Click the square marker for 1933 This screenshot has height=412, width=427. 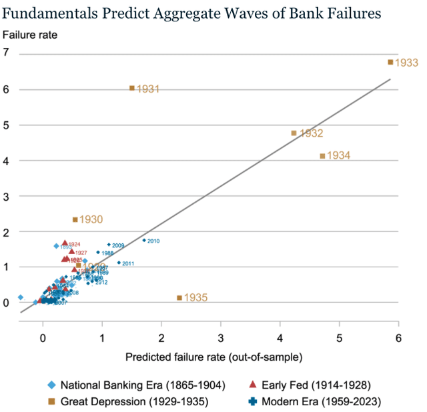390,62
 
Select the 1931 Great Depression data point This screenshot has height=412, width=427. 132,88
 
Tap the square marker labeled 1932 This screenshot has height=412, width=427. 294,133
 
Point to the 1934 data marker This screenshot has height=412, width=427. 322,155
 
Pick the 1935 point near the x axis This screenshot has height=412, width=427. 179,297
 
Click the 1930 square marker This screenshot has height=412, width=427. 75,219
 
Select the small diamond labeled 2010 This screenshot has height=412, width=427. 144,240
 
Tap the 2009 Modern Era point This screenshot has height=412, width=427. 109,245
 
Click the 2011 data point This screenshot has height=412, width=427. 119,263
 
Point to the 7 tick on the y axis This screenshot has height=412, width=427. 6,53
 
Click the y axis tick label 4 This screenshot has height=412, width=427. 6,161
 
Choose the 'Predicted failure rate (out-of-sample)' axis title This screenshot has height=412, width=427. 213,357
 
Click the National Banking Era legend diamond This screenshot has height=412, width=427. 51,386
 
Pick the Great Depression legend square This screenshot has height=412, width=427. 51,401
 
